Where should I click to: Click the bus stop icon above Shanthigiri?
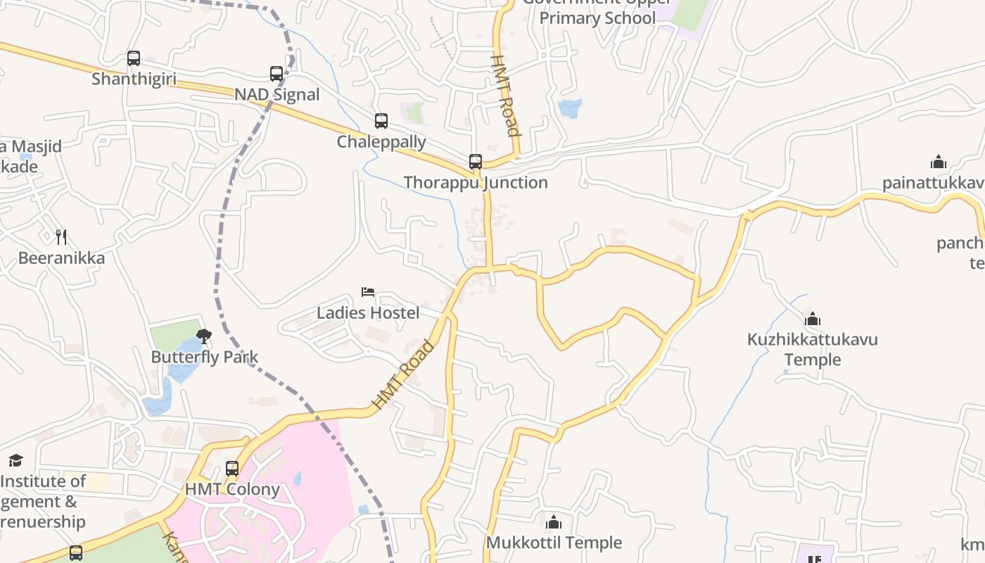[x=134, y=58]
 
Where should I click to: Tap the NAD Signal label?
[x=277, y=94]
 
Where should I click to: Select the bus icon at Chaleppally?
[x=381, y=121]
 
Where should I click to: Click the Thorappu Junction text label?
[x=476, y=182]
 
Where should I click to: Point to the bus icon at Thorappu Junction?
[x=476, y=162]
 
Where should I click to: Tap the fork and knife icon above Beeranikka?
[x=61, y=236]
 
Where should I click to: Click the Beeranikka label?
[x=61, y=258]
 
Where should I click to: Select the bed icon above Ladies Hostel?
[x=368, y=291]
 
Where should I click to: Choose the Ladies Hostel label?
[x=368, y=312]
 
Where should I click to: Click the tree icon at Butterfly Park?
[x=204, y=336]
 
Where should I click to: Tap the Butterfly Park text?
[x=205, y=357]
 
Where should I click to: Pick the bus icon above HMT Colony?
[x=232, y=468]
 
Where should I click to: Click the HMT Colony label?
[x=232, y=489]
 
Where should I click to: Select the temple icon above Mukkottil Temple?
[x=554, y=522]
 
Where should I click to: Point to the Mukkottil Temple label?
[x=554, y=543]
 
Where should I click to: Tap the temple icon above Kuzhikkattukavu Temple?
[x=813, y=319]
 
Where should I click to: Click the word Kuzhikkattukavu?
[x=813, y=340]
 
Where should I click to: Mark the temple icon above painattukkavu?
[x=938, y=163]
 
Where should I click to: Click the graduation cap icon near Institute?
[x=15, y=461]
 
